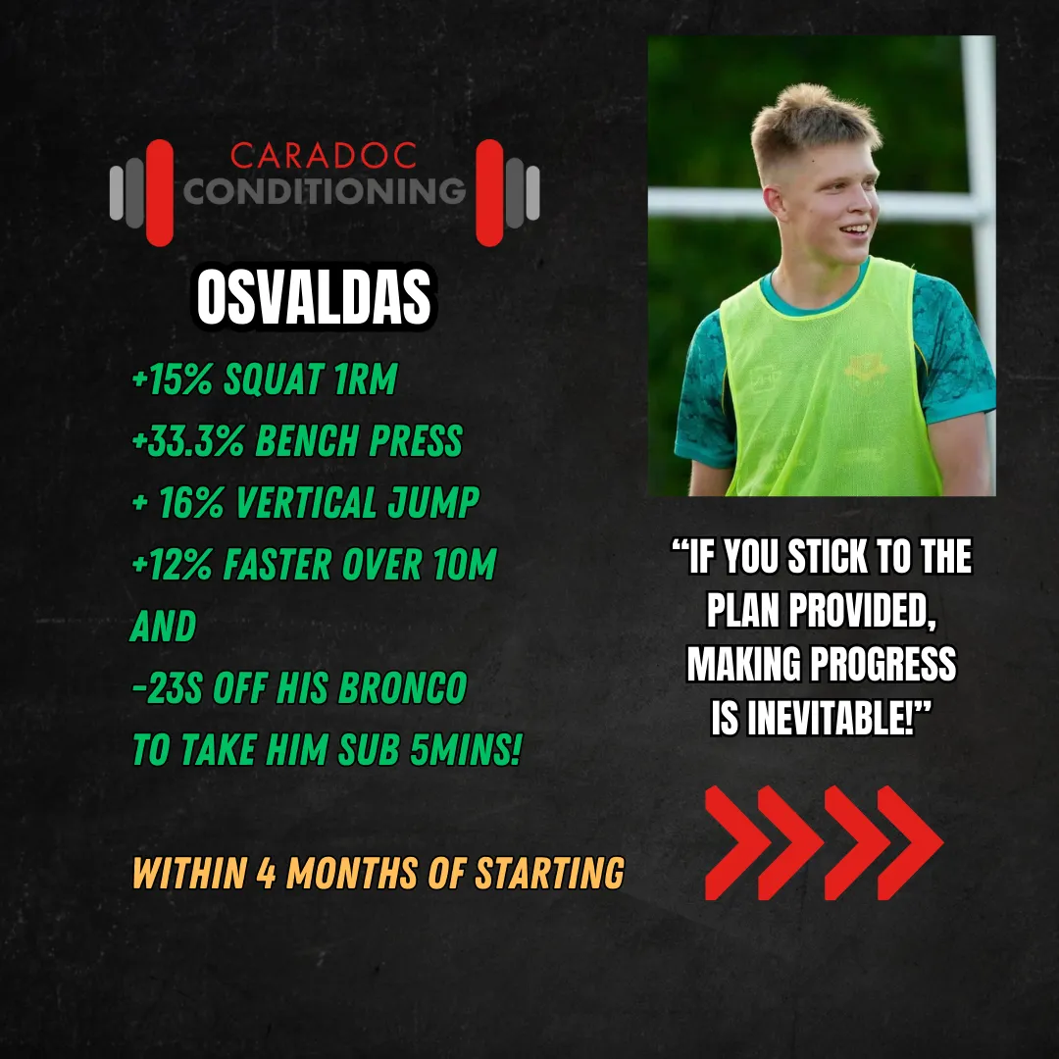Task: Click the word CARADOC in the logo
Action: pos(324,155)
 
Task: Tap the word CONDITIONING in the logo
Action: pos(325,191)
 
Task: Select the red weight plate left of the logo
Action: pos(160,192)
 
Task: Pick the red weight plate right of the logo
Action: pos(489,192)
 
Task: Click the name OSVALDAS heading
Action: pos(314,297)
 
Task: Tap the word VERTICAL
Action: pos(305,503)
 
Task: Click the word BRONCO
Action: pos(403,688)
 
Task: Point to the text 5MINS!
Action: pos(466,750)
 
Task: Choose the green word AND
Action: pos(164,627)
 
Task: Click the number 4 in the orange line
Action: pos(266,874)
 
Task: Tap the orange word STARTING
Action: pos(550,874)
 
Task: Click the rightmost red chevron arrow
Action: pos(910,842)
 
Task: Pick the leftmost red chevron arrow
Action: pos(737,842)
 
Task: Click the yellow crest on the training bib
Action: pos(865,369)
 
